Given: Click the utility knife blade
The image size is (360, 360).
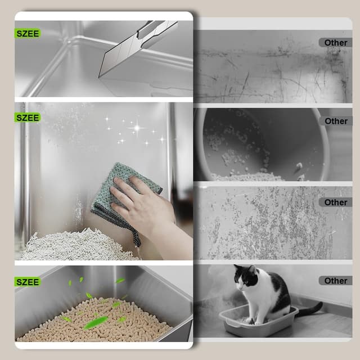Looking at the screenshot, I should (121, 56).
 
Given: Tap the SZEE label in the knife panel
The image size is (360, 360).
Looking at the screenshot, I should (28, 33).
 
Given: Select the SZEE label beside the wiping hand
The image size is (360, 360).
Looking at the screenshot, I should (28, 118).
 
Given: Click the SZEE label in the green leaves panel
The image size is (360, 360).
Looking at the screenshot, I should (28, 281).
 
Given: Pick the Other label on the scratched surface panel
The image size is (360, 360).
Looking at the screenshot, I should (336, 42).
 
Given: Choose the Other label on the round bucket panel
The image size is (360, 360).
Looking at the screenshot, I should (336, 121).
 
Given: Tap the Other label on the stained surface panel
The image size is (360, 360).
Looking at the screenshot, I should (336, 202).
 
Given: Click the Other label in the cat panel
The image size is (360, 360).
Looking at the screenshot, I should (336, 280).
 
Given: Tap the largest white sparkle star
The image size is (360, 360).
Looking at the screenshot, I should (136, 128).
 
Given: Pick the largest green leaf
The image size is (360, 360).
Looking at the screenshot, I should (96, 322).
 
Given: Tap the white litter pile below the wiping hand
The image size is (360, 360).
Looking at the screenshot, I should (73, 247).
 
